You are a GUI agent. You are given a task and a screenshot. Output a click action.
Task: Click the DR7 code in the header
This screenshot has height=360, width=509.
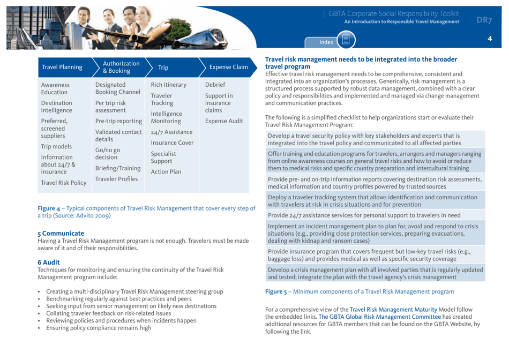point(484,20)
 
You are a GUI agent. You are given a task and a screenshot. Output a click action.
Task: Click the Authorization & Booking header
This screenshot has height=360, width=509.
point(121,67)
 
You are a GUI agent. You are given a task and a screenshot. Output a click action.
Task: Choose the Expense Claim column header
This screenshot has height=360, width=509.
point(228,67)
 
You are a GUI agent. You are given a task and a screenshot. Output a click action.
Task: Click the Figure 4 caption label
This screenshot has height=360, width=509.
point(49,207)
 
